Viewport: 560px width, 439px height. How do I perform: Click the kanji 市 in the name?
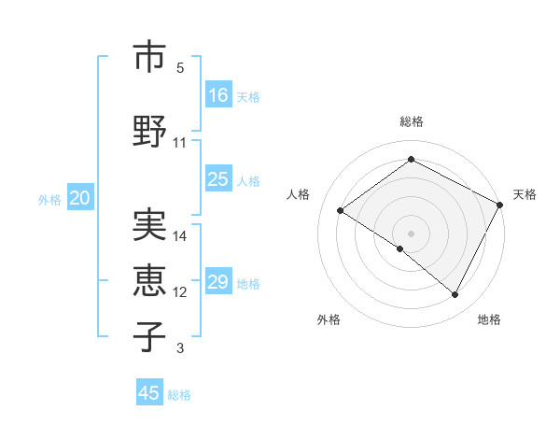(x=150, y=58)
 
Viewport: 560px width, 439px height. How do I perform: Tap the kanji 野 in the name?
(x=150, y=130)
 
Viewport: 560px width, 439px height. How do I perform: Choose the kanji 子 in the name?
(x=150, y=335)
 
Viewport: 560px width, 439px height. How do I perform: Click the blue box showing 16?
(x=218, y=94)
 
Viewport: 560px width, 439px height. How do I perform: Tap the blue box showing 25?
(x=218, y=179)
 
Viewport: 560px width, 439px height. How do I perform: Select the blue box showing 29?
(x=218, y=282)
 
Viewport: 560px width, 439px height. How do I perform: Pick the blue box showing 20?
(x=80, y=198)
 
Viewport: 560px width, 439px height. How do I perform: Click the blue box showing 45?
(x=149, y=393)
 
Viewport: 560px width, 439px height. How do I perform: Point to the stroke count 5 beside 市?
(x=180, y=68)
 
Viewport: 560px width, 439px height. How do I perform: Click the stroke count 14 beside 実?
(x=180, y=236)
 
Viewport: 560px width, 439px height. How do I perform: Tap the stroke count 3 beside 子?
(x=180, y=348)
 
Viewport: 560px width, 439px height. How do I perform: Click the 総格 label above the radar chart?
(x=411, y=121)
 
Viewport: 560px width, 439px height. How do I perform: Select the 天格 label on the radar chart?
(x=525, y=194)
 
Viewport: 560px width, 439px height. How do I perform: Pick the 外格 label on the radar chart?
(x=329, y=319)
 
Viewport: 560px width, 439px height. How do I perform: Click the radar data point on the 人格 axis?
(x=341, y=210)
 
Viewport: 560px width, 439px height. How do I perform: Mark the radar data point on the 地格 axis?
(x=455, y=295)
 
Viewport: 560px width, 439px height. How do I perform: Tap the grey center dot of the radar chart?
(x=411, y=233)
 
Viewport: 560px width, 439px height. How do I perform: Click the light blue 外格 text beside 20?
(x=49, y=199)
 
